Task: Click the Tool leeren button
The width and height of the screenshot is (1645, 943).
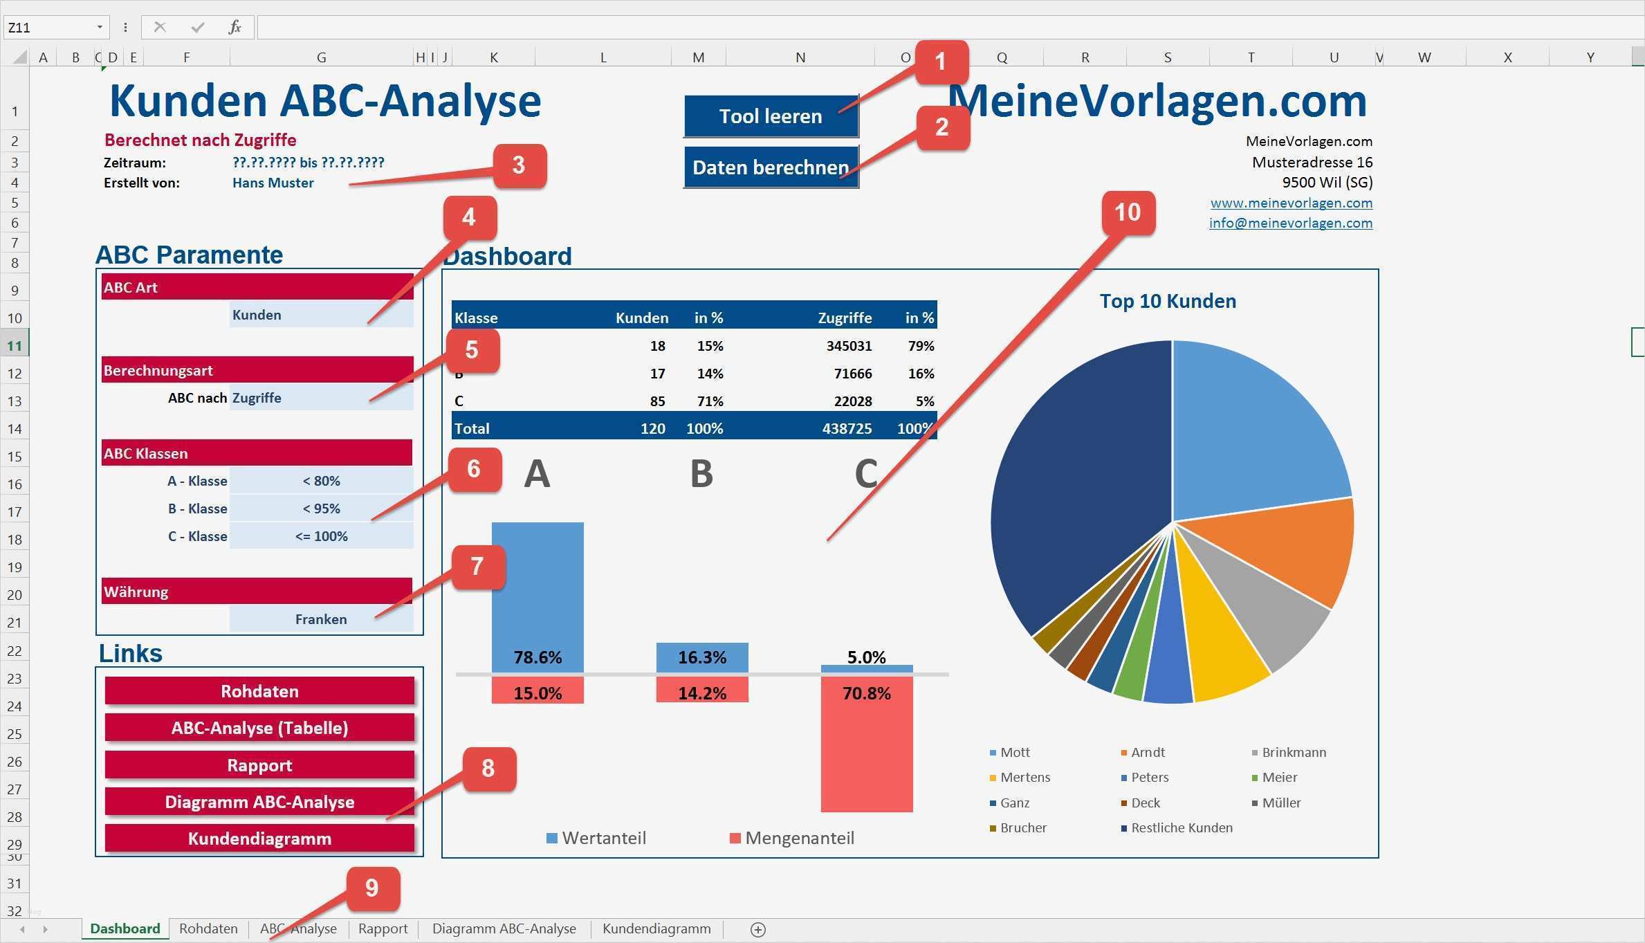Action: click(x=770, y=116)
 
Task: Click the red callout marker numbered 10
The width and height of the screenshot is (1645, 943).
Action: click(x=1127, y=212)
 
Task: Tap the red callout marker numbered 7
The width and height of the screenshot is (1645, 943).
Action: click(x=477, y=567)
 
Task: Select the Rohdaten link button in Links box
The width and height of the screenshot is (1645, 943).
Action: click(x=259, y=691)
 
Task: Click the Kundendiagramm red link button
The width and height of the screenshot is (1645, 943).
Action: click(x=259, y=839)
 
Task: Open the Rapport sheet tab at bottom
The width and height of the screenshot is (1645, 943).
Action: click(x=383, y=928)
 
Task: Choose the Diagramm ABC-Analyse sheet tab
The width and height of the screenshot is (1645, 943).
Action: click(x=504, y=928)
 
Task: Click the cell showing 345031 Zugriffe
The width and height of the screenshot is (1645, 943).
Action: click(x=849, y=346)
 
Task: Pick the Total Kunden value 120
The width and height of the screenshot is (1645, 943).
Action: click(x=652, y=428)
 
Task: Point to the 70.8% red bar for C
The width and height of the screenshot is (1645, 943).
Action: click(x=866, y=747)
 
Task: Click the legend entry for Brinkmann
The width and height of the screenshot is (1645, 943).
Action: click(x=1292, y=752)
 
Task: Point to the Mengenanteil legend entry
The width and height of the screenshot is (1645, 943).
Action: click(x=798, y=838)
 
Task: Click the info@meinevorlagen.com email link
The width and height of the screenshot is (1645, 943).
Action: click(x=1290, y=223)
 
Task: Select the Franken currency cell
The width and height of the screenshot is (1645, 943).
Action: click(x=321, y=619)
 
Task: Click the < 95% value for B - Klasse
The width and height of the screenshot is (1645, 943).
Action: click(x=321, y=509)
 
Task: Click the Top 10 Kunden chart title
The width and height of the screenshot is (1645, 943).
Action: click(x=1168, y=301)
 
